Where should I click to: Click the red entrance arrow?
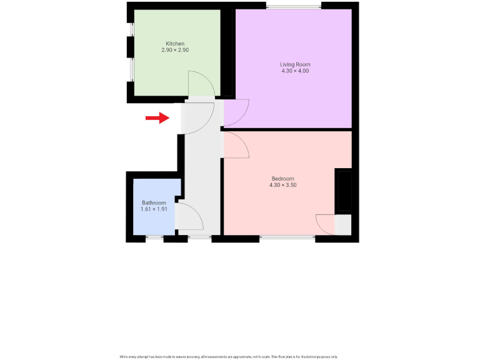click(157, 117)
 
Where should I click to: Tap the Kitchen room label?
click(175, 44)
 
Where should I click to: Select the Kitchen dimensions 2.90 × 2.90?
click(175, 50)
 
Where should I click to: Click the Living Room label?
click(295, 64)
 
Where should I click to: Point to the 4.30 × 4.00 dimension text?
click(295, 71)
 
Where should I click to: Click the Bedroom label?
click(282, 179)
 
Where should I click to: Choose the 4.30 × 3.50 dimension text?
click(282, 186)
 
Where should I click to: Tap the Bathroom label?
click(154, 203)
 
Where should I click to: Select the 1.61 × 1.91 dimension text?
click(154, 209)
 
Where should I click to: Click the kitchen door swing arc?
click(200, 84)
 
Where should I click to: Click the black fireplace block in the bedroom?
click(344, 191)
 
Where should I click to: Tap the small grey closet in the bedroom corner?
click(343, 224)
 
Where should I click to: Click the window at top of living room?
click(294, 6)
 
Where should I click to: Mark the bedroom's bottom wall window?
click(287, 237)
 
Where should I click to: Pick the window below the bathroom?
click(154, 237)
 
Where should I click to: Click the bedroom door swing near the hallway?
click(236, 145)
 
